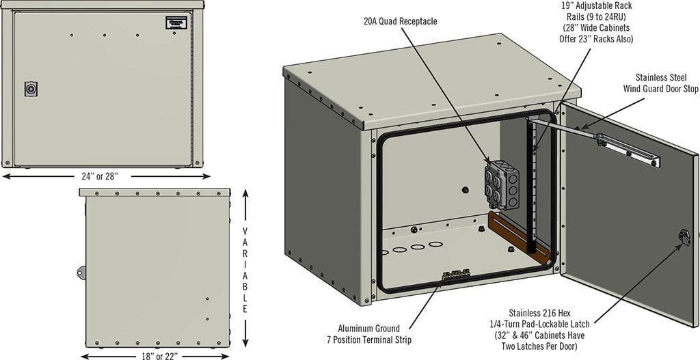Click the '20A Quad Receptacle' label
click(x=400, y=21)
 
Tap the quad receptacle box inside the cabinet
click(x=501, y=183)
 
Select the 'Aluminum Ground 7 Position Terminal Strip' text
click(x=368, y=334)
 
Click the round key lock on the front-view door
click(x=31, y=89)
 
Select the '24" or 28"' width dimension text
click(x=100, y=176)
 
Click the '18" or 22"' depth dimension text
click(x=158, y=355)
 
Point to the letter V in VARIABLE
click(x=245, y=231)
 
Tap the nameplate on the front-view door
click(x=176, y=22)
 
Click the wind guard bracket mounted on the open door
click(x=628, y=149)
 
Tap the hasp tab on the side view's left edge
click(x=81, y=271)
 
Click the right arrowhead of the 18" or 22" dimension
click(x=230, y=355)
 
